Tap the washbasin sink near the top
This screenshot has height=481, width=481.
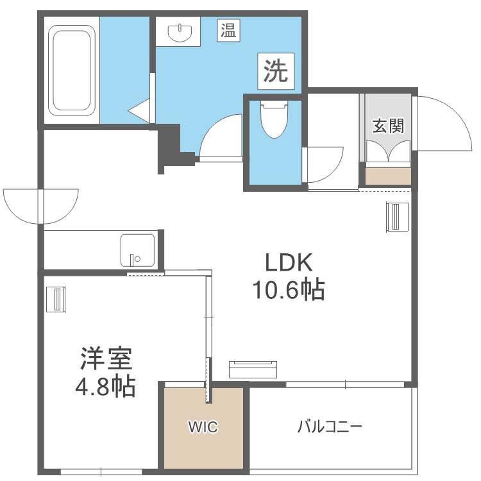pos(180,31)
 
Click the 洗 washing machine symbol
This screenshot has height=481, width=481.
pos(277,70)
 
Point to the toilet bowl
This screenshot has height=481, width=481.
pos(274,119)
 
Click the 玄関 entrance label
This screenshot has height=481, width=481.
pos(389,126)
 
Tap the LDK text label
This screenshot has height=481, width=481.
pos(289,264)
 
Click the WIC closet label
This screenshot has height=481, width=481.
pos(203,426)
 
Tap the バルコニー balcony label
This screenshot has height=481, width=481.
pos(330,426)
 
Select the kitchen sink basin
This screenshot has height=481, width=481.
pos(138,249)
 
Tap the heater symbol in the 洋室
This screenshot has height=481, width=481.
pos(56,299)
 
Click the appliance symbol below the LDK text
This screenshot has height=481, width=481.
pos(254,369)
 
